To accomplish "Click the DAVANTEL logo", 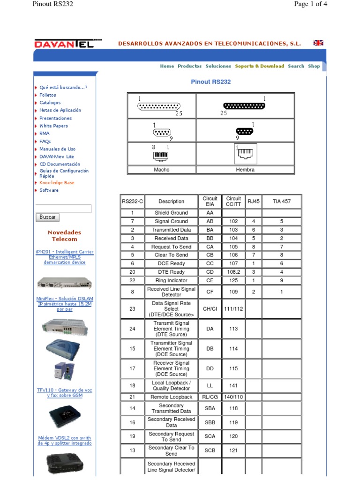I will point(68,43).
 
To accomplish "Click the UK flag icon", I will point(318,43).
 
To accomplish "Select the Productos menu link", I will point(189,66).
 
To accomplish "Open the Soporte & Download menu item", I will point(259,66).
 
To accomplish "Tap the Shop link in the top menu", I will point(314,66).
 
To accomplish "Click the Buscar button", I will point(47,217).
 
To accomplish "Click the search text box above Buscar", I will point(63,209).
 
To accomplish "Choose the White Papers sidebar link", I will point(53,126).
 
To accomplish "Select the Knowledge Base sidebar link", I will point(57,182).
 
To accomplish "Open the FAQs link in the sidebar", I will point(45,141).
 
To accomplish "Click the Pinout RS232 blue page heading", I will point(211,82).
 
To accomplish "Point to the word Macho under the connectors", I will point(162,170).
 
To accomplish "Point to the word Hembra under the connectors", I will point(245,170).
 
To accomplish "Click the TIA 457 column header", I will point(282,202).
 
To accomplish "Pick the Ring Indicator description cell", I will point(171,280).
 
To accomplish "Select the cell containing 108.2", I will point(233,272).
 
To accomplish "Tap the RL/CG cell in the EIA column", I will point(210,397).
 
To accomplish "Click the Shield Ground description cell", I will point(171,213).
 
